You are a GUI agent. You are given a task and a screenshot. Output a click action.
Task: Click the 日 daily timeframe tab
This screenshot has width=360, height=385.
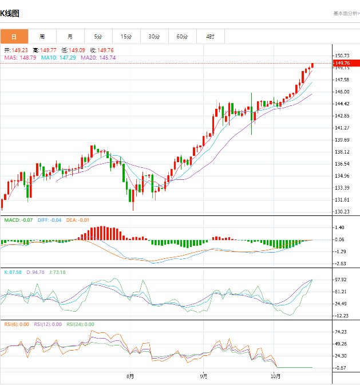14,37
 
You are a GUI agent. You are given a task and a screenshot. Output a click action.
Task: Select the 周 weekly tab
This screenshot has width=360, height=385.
42,37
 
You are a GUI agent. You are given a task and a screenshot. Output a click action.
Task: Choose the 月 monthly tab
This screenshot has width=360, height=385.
70,37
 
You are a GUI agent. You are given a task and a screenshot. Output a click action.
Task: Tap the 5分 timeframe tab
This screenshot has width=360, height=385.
98,37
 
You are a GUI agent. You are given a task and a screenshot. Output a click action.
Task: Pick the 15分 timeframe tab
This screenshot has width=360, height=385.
126,37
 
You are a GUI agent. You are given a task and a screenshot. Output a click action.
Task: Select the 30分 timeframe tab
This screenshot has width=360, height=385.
154,37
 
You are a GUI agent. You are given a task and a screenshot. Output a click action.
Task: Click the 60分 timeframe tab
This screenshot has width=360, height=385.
182,37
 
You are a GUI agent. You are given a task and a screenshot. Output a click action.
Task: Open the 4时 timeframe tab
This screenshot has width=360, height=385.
210,37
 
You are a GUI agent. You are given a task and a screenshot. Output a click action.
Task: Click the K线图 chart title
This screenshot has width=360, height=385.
10,13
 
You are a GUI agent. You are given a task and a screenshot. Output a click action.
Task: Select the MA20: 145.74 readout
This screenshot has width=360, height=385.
98,58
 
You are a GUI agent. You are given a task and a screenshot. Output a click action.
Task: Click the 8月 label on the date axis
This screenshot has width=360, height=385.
130,376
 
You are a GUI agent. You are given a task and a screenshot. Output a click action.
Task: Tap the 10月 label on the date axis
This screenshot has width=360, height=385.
276,376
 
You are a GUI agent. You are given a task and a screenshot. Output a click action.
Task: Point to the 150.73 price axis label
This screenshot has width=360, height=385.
342,55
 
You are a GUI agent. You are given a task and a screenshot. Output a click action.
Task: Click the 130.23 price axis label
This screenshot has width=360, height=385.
342,212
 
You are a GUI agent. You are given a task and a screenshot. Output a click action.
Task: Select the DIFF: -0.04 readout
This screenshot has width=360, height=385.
49,220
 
